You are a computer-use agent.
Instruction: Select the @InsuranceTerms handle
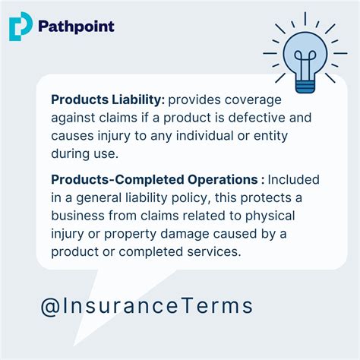click(x=147, y=306)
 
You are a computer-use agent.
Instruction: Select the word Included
click(x=293, y=180)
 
